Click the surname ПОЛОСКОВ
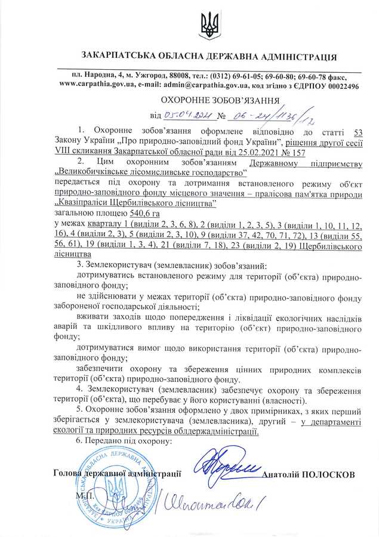(329, 474)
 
